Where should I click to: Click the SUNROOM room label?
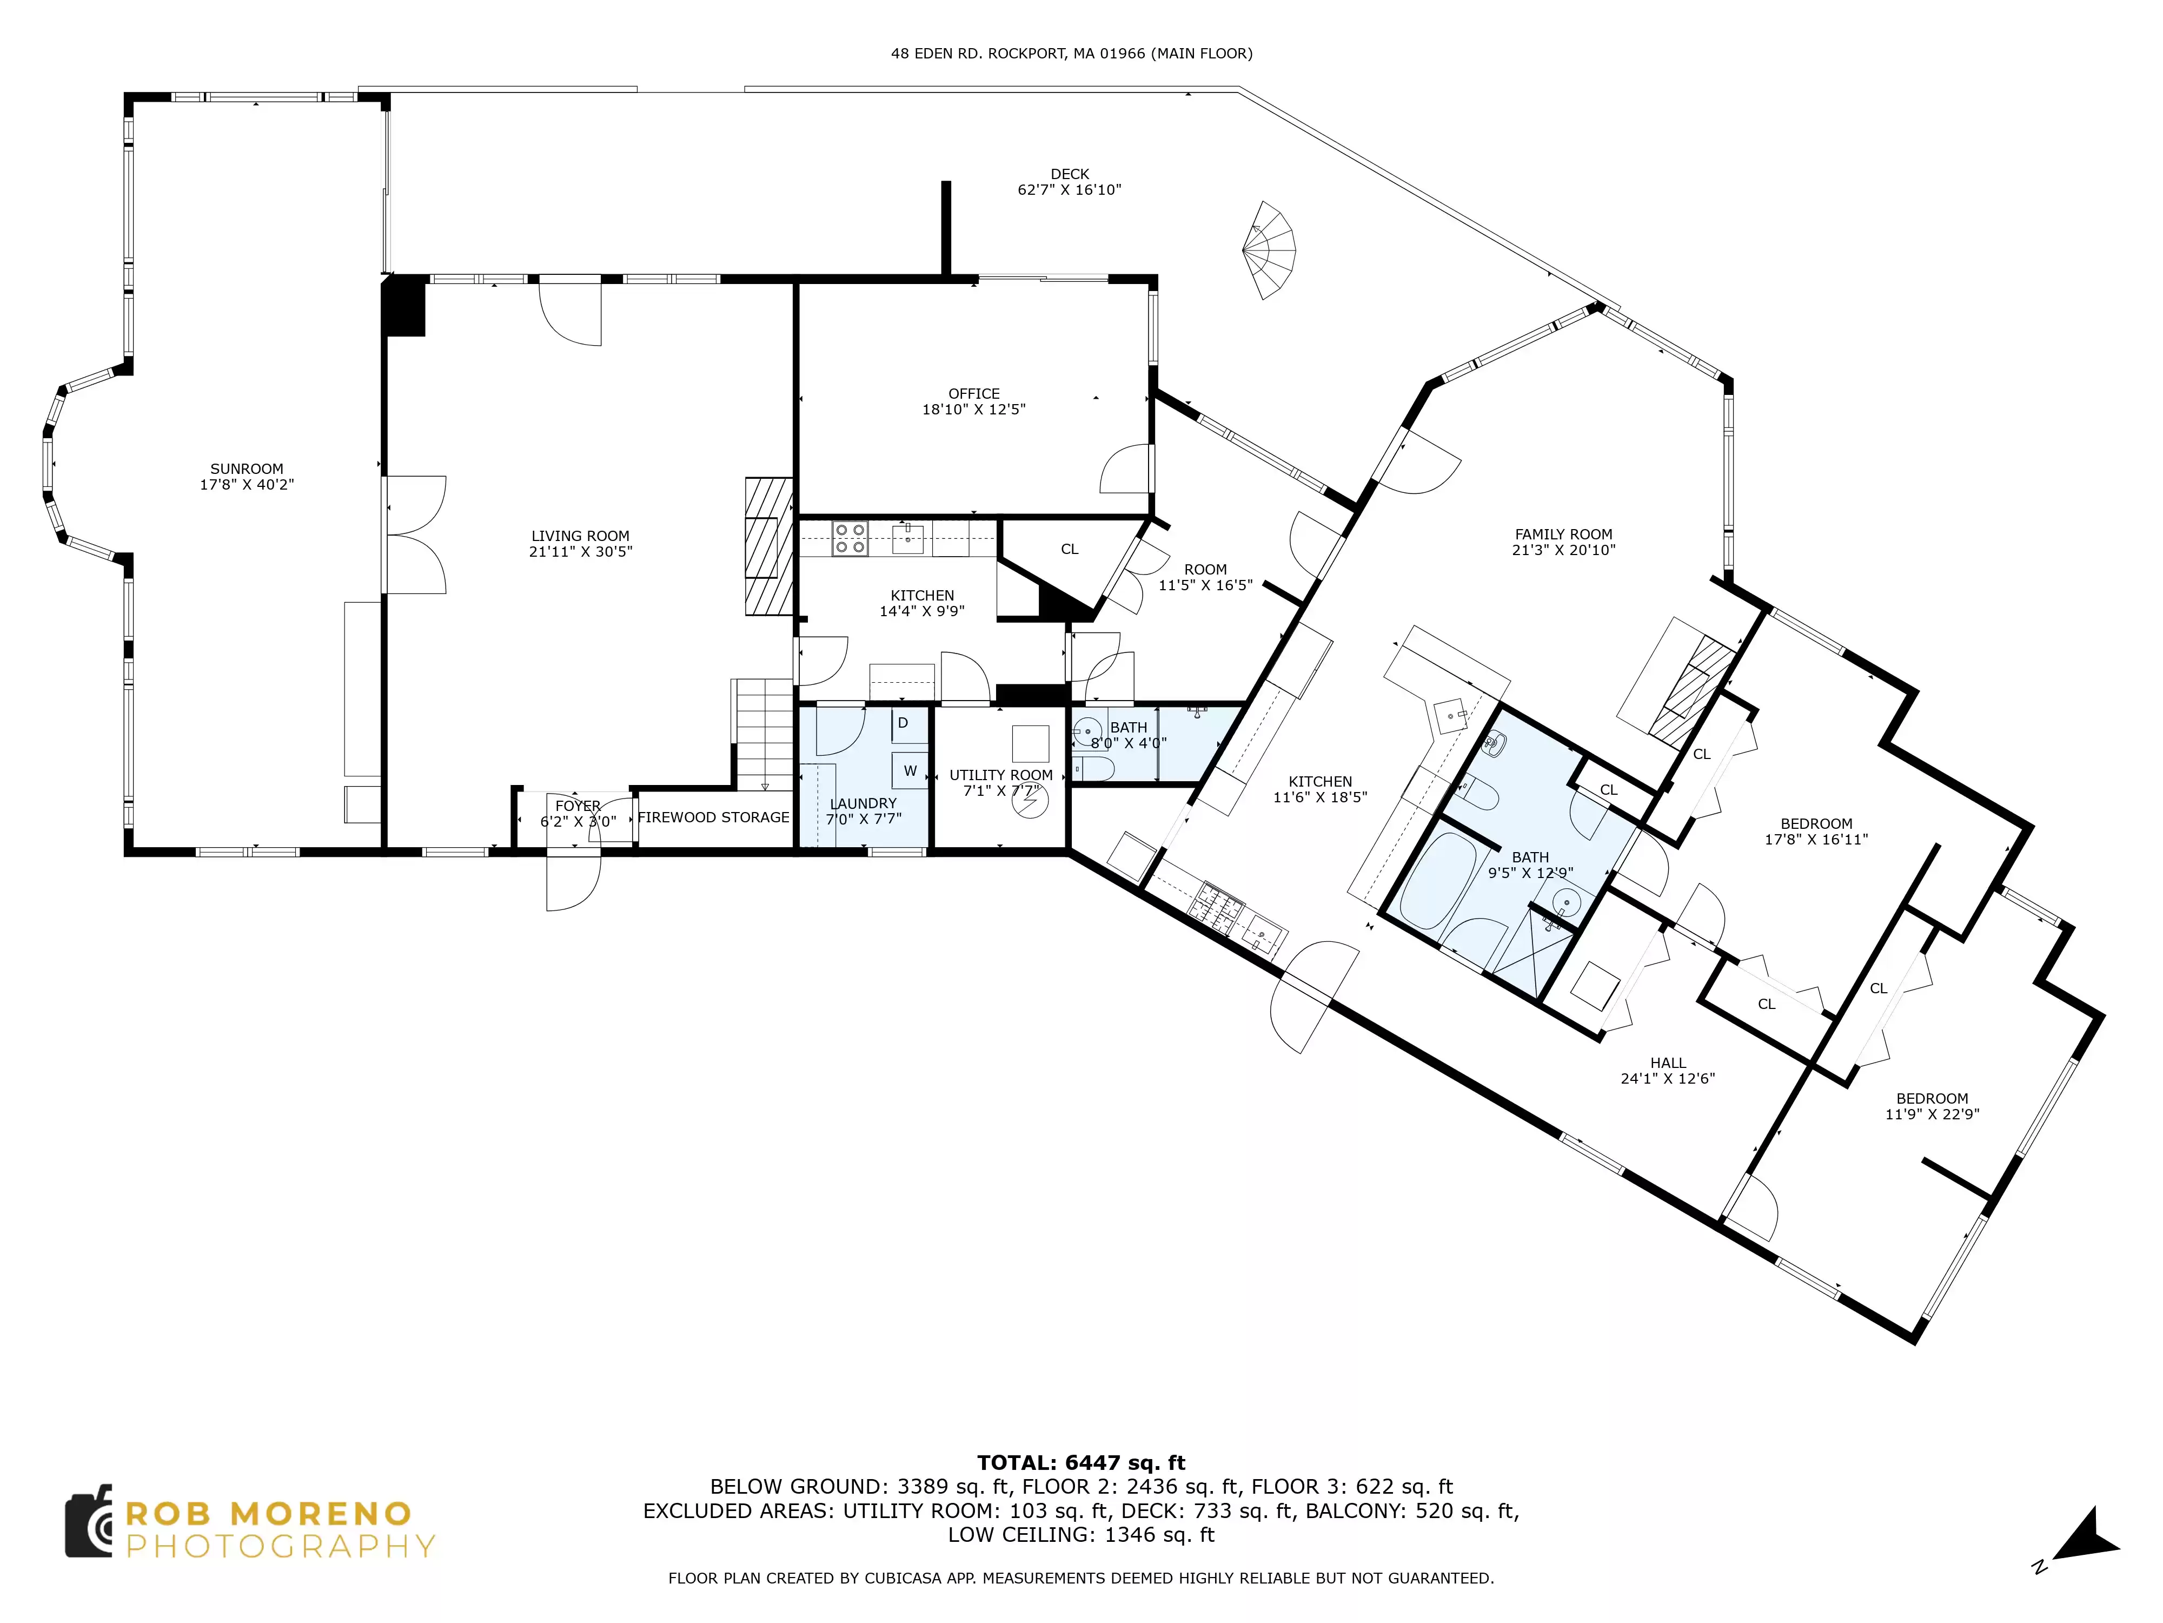click(x=247, y=469)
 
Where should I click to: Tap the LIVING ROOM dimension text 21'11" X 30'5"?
click(x=581, y=552)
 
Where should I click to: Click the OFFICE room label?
click(x=974, y=393)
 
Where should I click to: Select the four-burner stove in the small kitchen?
click(x=850, y=539)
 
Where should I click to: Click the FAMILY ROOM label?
click(x=1564, y=534)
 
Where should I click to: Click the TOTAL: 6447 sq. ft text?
click(x=1081, y=1462)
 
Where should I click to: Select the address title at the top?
click(x=1072, y=54)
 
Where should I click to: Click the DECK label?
click(x=1070, y=174)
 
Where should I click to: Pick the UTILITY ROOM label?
click(x=1001, y=775)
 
